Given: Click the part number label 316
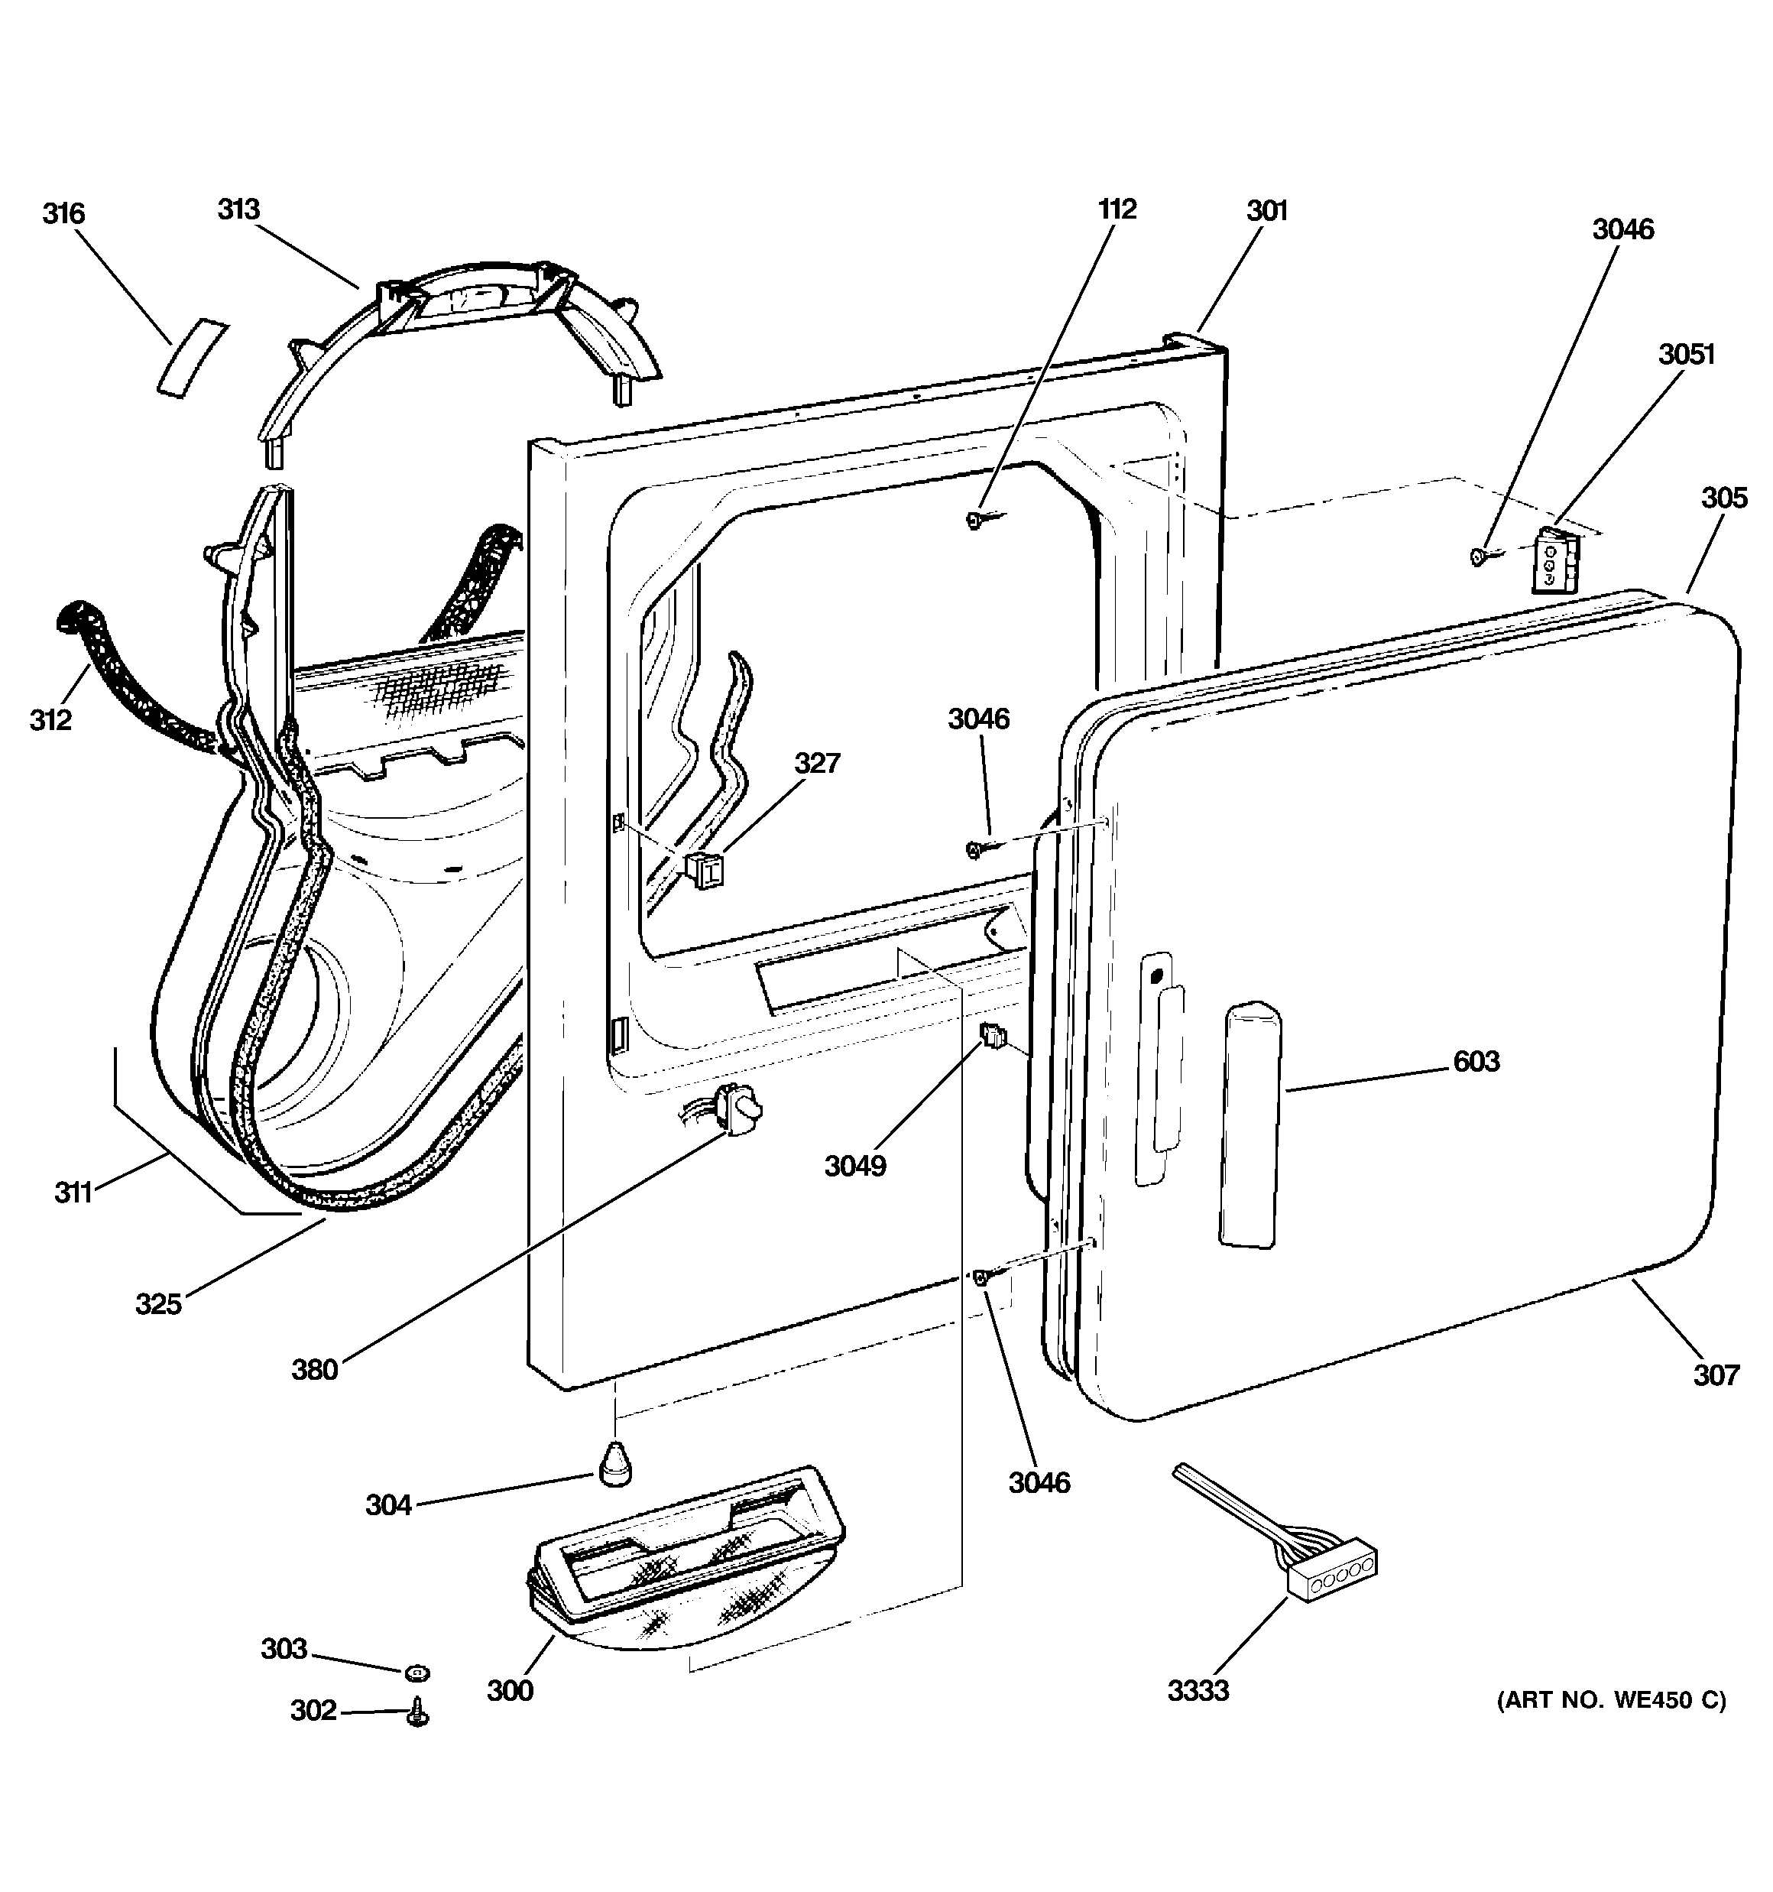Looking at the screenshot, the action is tap(63, 214).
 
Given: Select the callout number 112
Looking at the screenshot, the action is tap(1117, 209).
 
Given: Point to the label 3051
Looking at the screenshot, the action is tap(1687, 355).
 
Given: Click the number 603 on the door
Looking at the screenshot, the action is tap(1476, 1061).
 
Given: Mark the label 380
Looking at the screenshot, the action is tap(315, 1371).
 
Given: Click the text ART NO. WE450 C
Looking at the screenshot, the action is tap(1613, 1701).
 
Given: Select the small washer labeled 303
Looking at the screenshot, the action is tap(417, 1671).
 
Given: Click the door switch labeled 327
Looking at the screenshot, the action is tap(702, 869).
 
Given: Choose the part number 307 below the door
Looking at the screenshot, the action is tap(1716, 1375).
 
